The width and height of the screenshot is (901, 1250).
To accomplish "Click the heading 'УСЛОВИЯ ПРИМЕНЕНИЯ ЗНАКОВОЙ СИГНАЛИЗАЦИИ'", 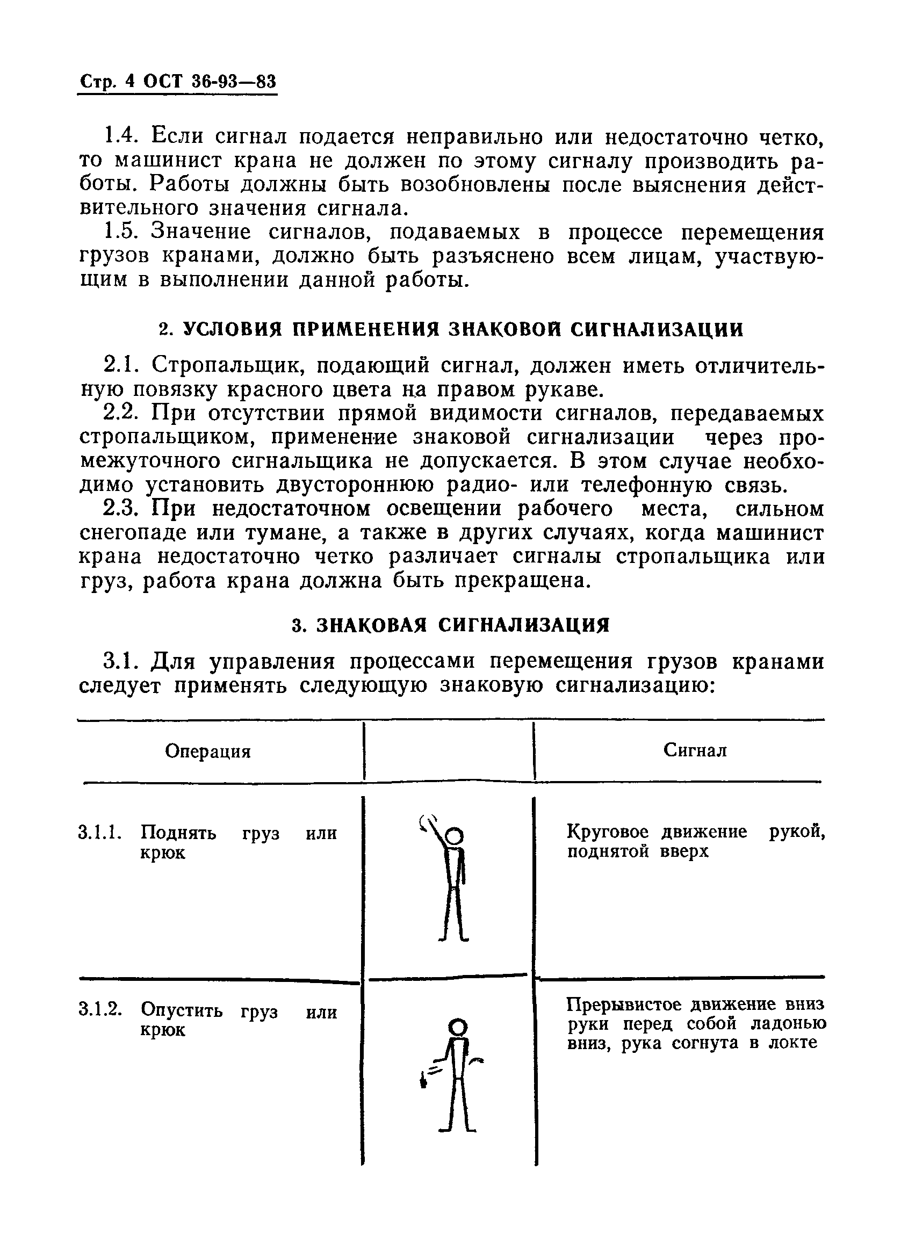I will pos(463,329).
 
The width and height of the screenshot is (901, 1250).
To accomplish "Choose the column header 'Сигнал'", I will pos(695,750).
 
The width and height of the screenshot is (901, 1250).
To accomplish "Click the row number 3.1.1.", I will pos(100,832).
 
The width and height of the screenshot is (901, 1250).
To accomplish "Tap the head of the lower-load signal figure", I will pos(458,1026).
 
